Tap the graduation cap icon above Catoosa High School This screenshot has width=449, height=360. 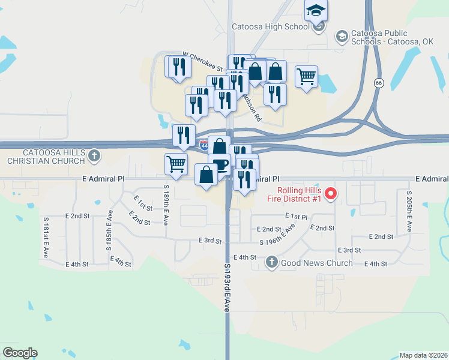[316, 11]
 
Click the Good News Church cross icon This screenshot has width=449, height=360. [272, 262]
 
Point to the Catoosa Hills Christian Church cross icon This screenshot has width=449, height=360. [93, 157]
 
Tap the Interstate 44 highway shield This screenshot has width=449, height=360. [205, 145]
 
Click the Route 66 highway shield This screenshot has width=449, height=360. [378, 83]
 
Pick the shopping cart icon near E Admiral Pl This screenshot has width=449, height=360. [176, 163]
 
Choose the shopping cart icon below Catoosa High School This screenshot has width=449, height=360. [306, 76]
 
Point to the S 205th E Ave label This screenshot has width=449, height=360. [409, 212]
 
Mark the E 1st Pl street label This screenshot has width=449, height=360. [296, 216]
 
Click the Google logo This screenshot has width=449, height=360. [20, 353]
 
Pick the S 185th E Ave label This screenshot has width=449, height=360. [110, 226]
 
